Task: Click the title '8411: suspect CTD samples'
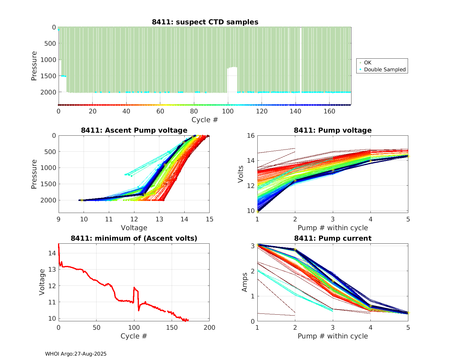tap(205, 22)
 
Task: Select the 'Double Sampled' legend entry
tap(385, 69)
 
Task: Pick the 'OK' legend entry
tap(367, 63)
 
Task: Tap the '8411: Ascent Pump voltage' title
tap(134, 130)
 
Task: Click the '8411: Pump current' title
tap(333, 238)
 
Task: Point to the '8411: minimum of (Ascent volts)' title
tap(134, 238)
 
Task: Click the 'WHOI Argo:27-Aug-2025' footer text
tap(76, 354)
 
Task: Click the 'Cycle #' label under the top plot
tap(205, 120)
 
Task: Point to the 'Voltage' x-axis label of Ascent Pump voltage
tap(134, 228)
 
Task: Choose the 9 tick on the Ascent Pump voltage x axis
tap(59, 219)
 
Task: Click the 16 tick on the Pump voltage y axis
tap(251, 136)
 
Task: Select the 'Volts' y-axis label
tap(241, 174)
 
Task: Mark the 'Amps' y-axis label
tap(245, 282)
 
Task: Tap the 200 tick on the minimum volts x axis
tap(209, 328)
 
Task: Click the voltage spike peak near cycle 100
tap(134, 288)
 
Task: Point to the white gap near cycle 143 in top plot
tap(301, 60)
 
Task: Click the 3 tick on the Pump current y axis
tap(253, 246)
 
